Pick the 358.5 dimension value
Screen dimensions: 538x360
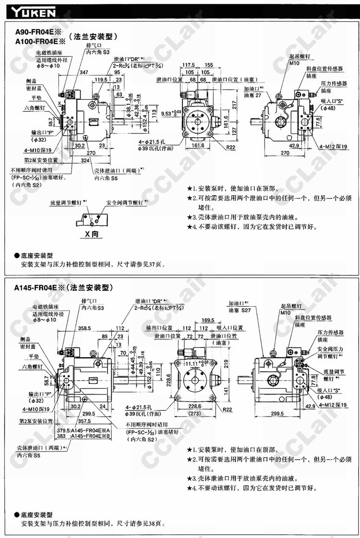point(84,328)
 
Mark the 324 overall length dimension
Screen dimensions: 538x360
point(85,159)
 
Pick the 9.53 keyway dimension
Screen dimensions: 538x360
point(169,114)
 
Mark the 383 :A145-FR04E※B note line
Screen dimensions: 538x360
point(83,437)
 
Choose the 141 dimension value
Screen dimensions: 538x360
point(226,391)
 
